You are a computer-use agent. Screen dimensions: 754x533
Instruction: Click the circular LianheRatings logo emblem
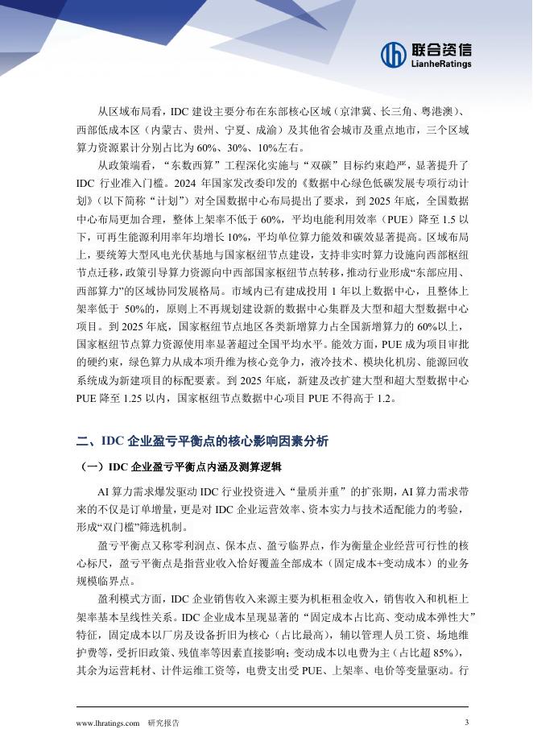(395, 54)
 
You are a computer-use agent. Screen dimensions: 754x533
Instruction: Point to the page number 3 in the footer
(466, 722)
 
